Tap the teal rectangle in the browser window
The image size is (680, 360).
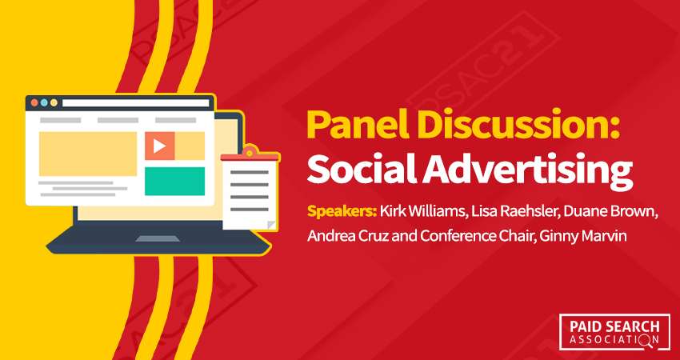(174, 181)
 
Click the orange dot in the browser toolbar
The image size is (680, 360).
(33, 103)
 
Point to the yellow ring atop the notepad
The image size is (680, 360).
(250, 151)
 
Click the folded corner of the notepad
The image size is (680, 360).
(272, 223)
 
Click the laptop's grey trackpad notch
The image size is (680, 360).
(152, 238)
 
